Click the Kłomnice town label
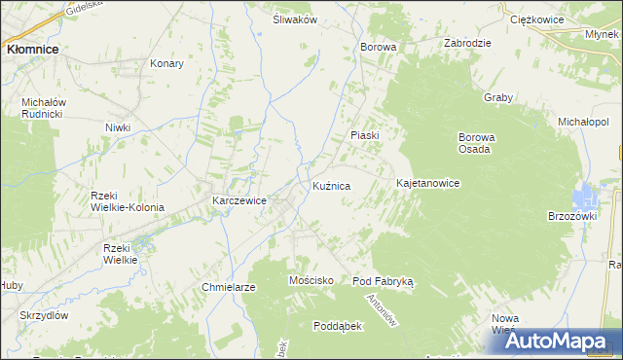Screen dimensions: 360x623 [31, 48]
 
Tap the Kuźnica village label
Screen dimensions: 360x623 [331, 185]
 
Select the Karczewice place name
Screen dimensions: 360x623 [239, 201]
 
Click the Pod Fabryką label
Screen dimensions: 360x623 [383, 280]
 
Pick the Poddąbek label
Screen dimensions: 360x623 [337, 326]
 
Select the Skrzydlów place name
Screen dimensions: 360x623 [43, 316]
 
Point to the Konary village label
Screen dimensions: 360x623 [167, 63]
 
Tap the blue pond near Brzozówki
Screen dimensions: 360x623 [587, 195]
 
